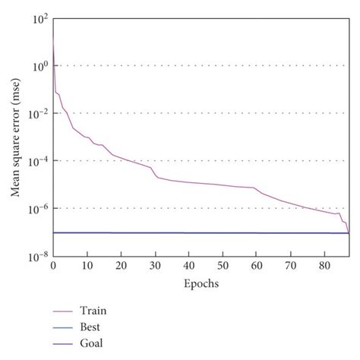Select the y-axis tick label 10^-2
click(37, 113)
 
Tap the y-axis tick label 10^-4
click(37, 161)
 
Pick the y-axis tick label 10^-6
click(37, 208)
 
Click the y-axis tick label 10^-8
click(37, 256)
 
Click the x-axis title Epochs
click(201, 283)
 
